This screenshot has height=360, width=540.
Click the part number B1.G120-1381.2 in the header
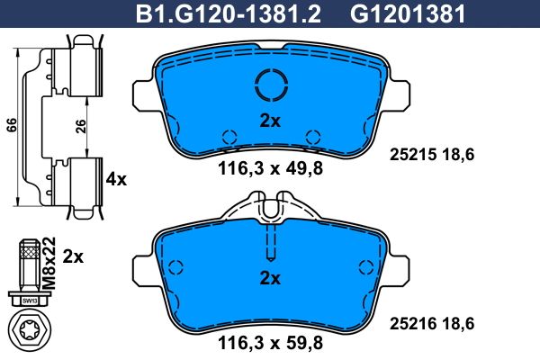pyautogui.click(x=229, y=14)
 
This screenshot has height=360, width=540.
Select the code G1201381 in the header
pyautogui.click(x=408, y=14)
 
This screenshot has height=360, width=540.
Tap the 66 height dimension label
pyautogui.click(x=12, y=125)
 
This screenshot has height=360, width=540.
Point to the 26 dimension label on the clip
pyautogui.click(x=81, y=127)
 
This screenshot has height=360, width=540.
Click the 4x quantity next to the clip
pyautogui.click(x=116, y=179)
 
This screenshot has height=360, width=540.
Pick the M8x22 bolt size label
pyautogui.click(x=49, y=263)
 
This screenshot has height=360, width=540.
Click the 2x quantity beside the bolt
pyautogui.click(x=73, y=256)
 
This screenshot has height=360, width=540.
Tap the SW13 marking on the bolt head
pyautogui.click(x=30, y=301)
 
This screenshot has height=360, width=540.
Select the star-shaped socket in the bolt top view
pyautogui.click(x=30, y=331)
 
